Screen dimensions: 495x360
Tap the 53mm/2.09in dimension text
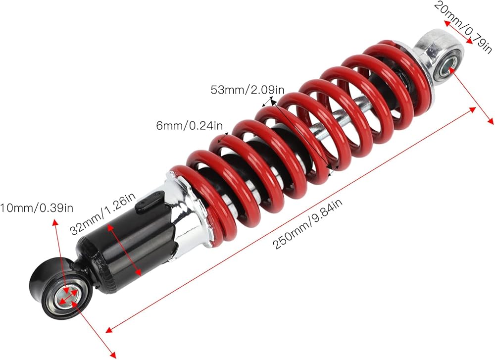(247, 90)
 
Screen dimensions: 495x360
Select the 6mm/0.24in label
(190, 126)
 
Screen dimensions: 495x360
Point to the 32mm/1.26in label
(102, 214)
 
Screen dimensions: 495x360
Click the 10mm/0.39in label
(37, 208)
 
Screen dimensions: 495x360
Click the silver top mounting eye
(439, 60)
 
